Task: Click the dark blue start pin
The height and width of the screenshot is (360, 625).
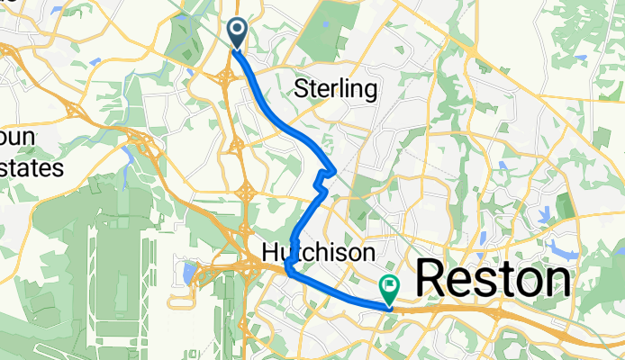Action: (238, 32)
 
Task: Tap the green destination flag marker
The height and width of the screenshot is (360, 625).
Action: (390, 290)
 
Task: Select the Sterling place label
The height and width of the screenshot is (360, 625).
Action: (335, 89)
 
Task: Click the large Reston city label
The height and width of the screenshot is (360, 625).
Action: (494, 280)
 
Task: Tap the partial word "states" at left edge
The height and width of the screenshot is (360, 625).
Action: (32, 167)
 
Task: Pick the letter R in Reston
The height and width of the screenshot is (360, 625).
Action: (431, 280)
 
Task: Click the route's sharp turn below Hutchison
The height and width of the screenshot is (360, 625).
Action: (287, 267)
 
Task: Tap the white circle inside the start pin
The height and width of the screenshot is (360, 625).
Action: (238, 30)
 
